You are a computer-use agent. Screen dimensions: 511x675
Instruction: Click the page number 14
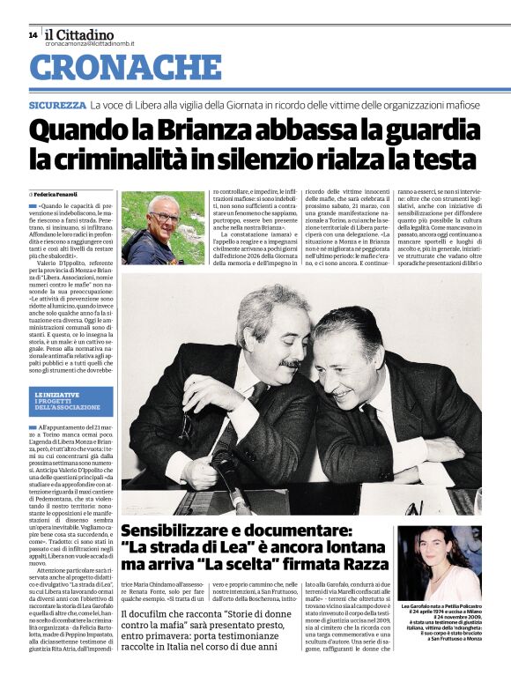point(33,34)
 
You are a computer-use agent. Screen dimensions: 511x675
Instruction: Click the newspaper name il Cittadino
point(79,34)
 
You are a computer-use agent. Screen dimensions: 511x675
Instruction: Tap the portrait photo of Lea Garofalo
point(451,564)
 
